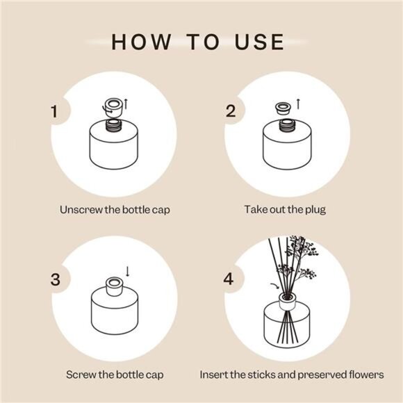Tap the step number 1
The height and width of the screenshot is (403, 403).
tap(54, 112)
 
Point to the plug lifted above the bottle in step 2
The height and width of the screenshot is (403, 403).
tap(283, 108)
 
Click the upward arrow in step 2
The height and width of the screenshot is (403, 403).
tap(298, 103)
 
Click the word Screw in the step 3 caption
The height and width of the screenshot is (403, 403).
tap(81, 375)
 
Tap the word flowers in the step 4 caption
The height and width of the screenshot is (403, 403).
tap(365, 375)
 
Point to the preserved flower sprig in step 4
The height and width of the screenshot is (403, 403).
tap(302, 257)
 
